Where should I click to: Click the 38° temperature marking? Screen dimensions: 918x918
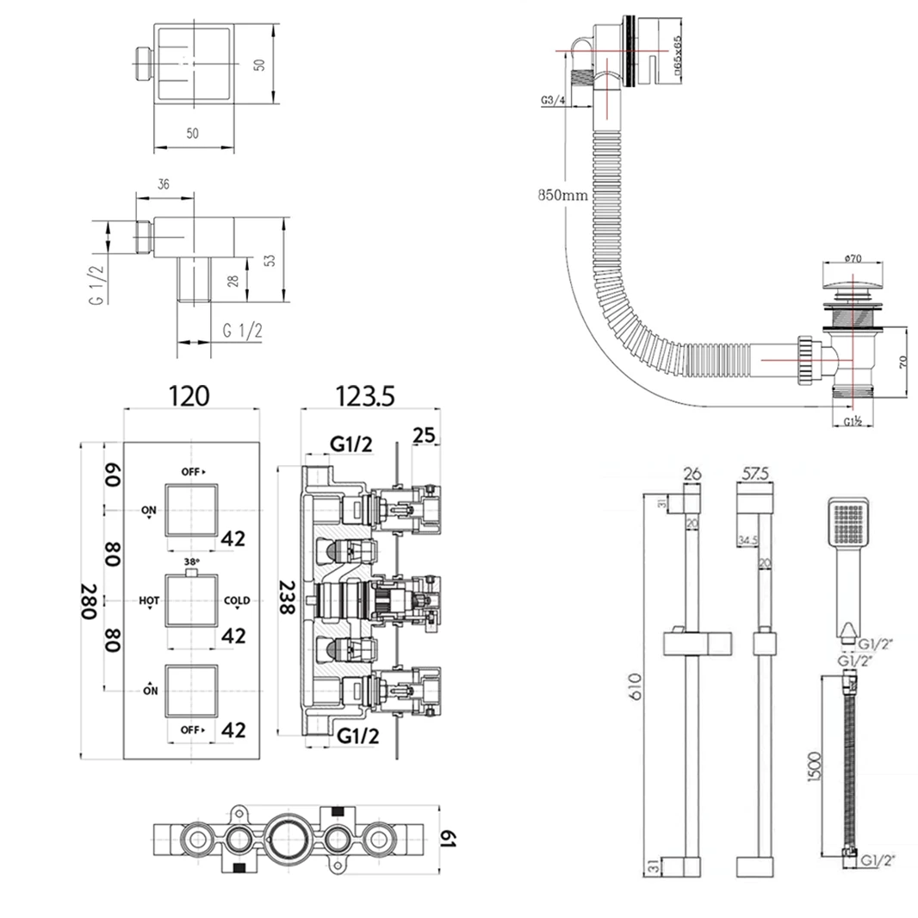coord(191,560)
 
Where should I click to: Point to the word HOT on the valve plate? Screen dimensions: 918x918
coord(149,600)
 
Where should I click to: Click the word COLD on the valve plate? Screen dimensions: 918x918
coord(237,600)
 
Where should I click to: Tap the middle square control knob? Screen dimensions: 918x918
coord(191,601)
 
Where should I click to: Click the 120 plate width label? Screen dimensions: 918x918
coord(189,396)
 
